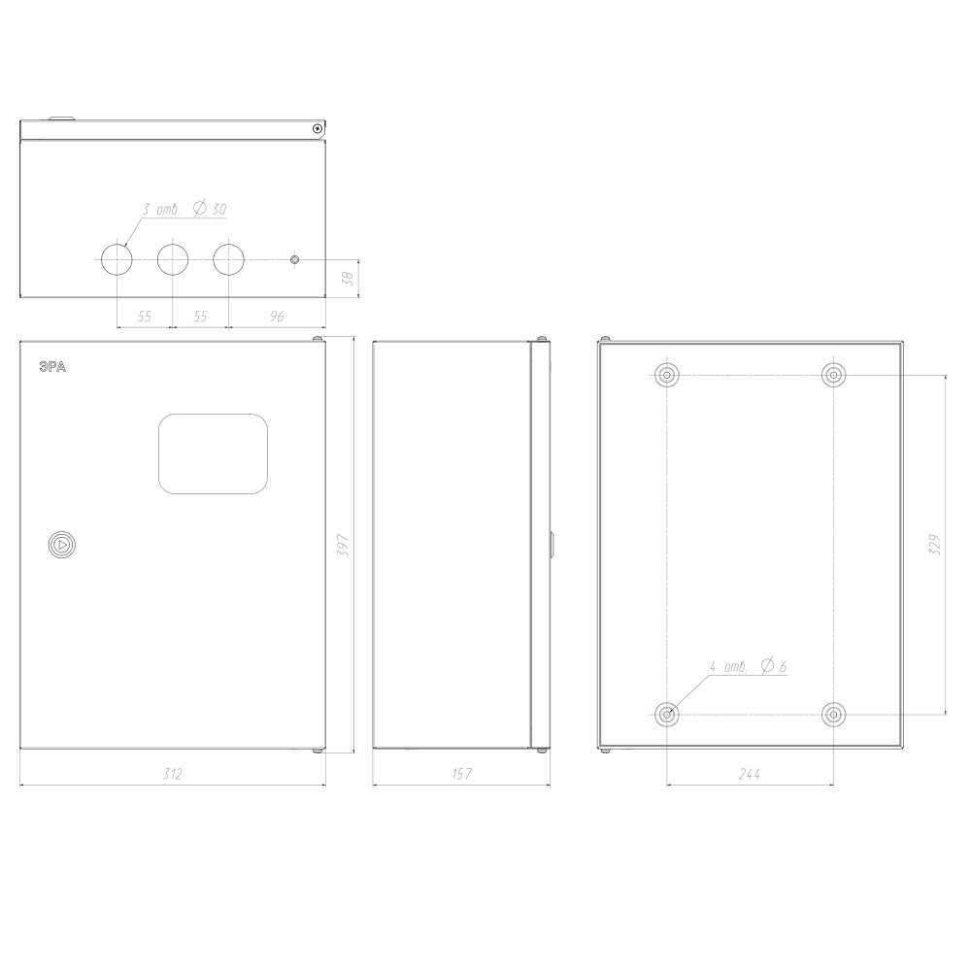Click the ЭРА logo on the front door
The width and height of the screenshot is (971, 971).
point(52,367)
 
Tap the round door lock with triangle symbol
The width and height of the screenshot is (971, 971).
point(62,545)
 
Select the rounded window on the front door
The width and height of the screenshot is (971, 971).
point(213,453)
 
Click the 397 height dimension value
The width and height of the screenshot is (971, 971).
point(344,545)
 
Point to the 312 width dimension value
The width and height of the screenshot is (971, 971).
point(173,774)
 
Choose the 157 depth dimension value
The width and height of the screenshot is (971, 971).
point(462,774)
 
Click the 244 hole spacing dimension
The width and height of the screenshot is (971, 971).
point(750,774)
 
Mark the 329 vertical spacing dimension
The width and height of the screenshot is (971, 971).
point(935,545)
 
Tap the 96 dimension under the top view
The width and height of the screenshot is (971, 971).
point(277,317)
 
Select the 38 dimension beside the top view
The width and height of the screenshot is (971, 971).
point(349,278)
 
